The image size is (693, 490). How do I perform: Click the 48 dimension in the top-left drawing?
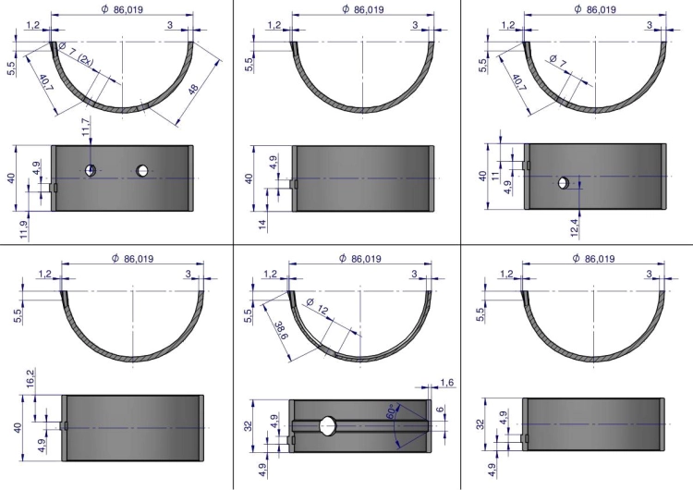pos(193,90)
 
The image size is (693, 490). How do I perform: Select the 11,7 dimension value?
pos(86,126)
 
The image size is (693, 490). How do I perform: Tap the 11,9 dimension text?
pos(24,230)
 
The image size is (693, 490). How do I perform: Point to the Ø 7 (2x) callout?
pos(76,55)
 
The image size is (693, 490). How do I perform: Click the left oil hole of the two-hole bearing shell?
pos(91,170)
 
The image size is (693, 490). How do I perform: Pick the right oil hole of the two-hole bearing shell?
pos(142,170)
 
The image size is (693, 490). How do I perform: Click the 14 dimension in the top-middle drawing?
pos(263,224)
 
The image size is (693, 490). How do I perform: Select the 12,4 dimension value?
pos(575,227)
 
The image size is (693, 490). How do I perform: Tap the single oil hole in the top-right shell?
pos(564,182)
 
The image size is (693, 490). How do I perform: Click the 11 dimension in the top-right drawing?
pos(495,176)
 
